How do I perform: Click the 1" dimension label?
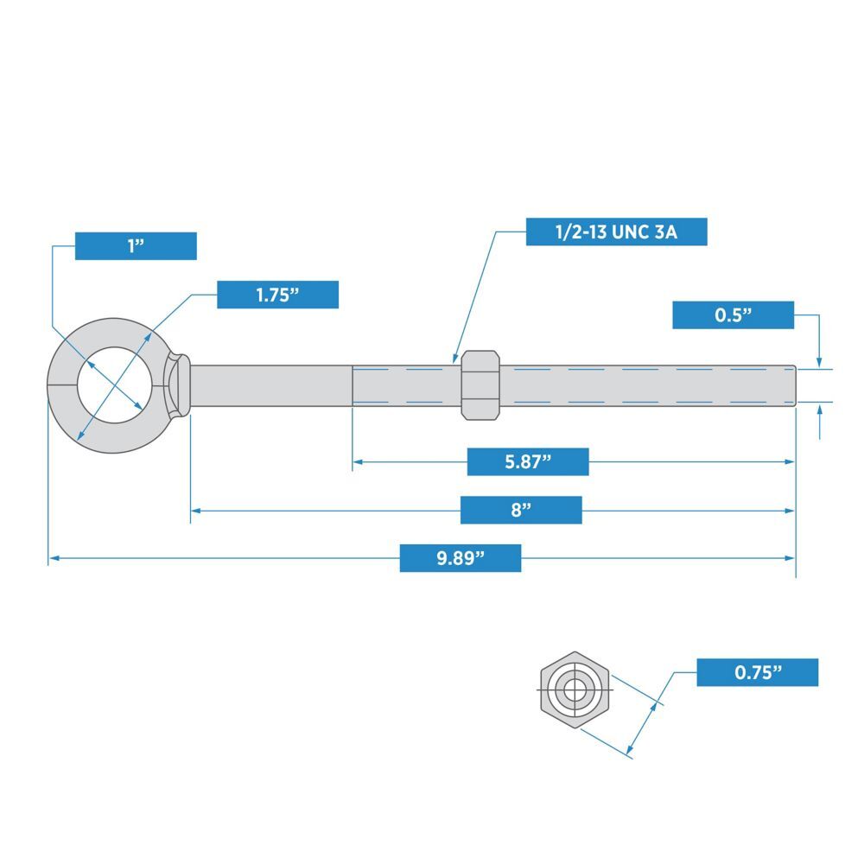pos(136,246)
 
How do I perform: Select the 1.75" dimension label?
pos(277,295)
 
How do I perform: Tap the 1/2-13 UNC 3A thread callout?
pos(616,232)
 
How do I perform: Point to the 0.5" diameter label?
pos(733,315)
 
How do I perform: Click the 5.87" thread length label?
pos(528,461)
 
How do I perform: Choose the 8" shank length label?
pos(520,510)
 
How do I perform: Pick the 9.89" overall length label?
pos(460,558)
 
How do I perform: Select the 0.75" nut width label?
pos(757,672)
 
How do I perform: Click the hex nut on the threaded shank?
pos(480,384)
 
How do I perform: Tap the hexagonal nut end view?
pos(575,689)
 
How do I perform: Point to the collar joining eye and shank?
pos(179,384)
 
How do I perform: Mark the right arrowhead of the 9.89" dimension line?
pos(790,559)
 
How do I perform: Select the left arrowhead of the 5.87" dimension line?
pos(358,462)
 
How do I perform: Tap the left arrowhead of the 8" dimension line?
pos(196,511)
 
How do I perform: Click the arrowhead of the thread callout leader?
pos(454,358)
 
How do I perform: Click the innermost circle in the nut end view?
pos(575,689)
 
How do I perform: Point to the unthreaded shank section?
pos(270,384)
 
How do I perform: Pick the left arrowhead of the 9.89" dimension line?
pos(54,559)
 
